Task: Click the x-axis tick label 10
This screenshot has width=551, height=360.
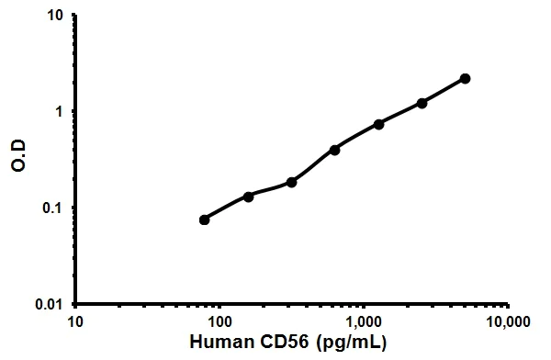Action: (x=76, y=322)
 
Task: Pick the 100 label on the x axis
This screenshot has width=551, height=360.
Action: (x=219, y=322)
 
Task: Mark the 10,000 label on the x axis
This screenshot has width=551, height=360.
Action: (x=507, y=322)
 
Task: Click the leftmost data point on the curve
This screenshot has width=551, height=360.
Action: (x=204, y=219)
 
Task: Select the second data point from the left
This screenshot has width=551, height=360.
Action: (x=248, y=197)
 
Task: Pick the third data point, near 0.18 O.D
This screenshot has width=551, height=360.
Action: (x=291, y=182)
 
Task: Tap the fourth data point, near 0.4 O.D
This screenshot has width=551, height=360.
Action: (x=334, y=149)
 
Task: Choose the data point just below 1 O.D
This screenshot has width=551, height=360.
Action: (x=378, y=124)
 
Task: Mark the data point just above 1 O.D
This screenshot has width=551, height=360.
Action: (x=422, y=103)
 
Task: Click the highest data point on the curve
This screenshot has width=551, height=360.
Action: (x=465, y=79)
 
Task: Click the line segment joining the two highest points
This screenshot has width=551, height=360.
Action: (x=444, y=91)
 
